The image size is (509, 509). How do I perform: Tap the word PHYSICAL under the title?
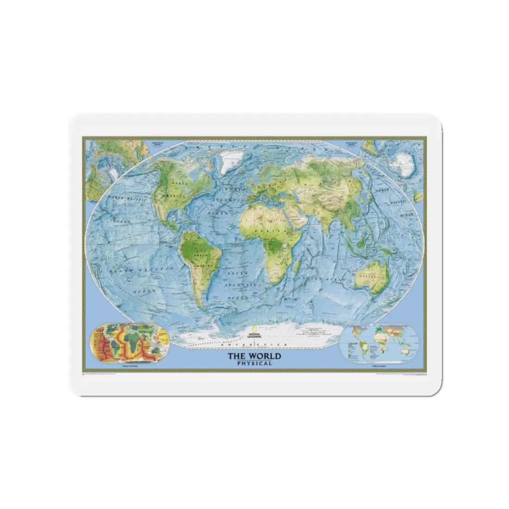[253, 363]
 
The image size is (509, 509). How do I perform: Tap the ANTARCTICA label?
[254, 346]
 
